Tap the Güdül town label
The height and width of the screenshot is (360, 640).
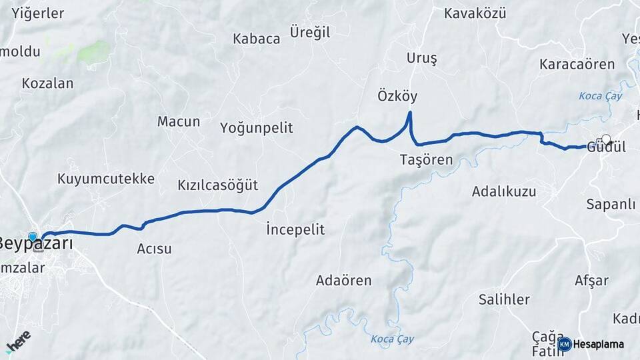[606, 148]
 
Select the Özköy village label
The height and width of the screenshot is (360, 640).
[397, 96]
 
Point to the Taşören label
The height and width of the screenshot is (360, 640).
[426, 159]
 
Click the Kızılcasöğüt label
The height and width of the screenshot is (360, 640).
[217, 185]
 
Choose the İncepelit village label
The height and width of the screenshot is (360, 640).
[295, 229]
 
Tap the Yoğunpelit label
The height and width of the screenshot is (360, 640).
[256, 128]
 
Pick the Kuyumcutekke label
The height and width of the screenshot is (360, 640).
[106, 179]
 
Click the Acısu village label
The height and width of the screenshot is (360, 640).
[154, 249]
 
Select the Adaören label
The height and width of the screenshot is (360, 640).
[343, 280]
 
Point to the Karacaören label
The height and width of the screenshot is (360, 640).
[568, 65]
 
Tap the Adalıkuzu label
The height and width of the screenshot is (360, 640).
[503, 191]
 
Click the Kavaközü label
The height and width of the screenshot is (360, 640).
[475, 13]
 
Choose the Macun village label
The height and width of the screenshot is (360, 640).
[179, 121]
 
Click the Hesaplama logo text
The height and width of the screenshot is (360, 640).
[599, 344]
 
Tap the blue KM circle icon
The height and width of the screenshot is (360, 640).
[565, 344]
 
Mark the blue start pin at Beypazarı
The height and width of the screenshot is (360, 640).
[33, 237]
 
